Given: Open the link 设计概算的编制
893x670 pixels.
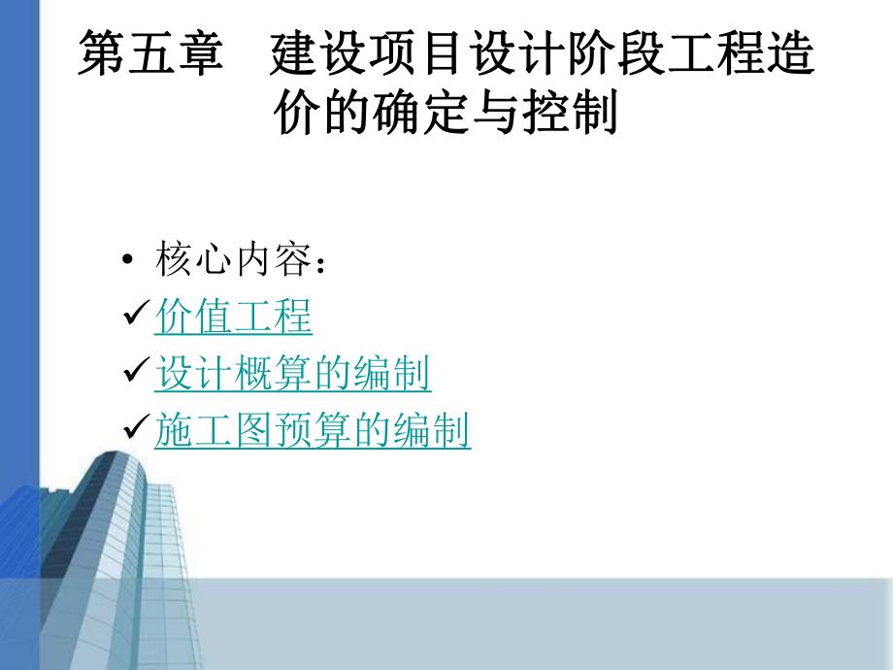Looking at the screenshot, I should pos(293,375).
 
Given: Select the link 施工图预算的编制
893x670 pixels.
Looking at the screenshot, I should pos(313,431).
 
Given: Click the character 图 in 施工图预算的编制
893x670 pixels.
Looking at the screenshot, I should pos(253,431).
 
